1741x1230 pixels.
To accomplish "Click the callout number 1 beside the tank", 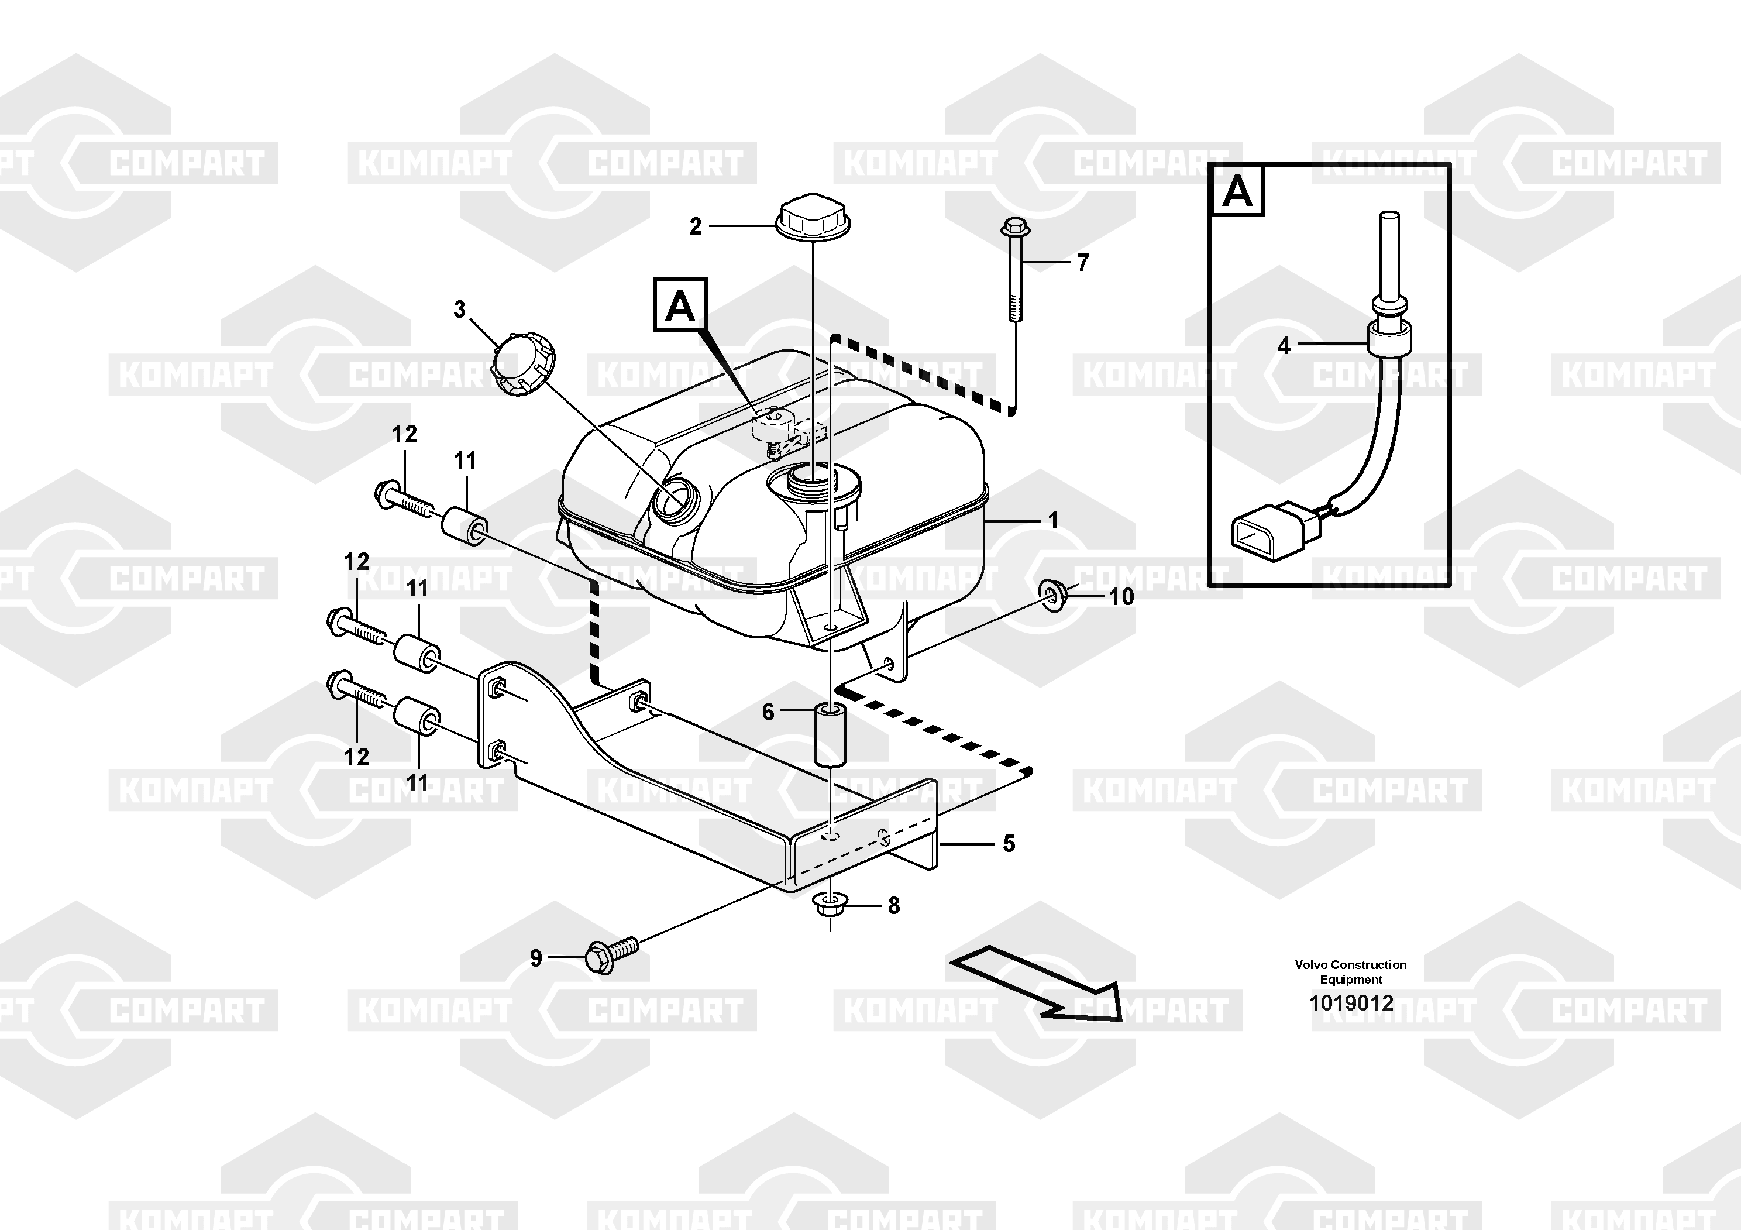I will [x=1052, y=520].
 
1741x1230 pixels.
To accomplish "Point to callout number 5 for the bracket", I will [x=1008, y=843].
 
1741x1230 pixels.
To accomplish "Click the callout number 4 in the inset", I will [x=1284, y=346].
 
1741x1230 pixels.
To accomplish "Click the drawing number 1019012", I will [x=1350, y=1004].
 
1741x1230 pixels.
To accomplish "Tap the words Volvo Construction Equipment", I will [x=1350, y=971].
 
